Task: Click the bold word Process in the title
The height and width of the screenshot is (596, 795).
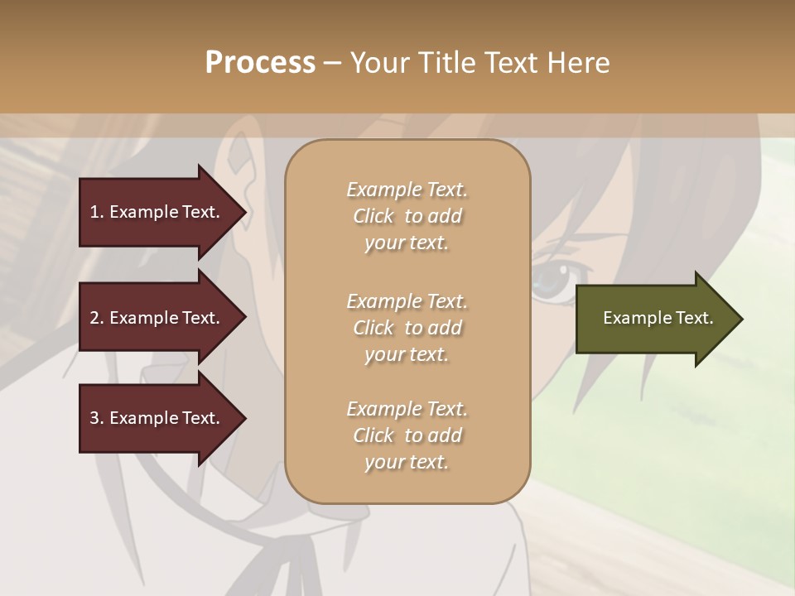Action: click(260, 63)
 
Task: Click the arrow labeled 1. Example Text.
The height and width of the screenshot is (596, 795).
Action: click(157, 212)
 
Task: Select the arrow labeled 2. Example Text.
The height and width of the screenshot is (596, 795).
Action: click(157, 318)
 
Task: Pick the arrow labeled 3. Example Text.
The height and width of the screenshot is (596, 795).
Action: click(157, 418)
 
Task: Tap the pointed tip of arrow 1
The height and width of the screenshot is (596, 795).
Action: click(244, 212)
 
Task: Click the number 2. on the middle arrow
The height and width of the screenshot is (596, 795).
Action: click(97, 318)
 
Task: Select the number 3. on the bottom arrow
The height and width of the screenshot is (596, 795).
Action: click(97, 418)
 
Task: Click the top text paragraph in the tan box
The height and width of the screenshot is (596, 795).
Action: click(407, 216)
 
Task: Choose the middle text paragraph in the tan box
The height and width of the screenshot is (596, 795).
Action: click(407, 328)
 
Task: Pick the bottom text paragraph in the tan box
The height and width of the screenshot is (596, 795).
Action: click(407, 435)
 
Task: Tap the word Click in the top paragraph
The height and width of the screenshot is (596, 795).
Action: click(373, 216)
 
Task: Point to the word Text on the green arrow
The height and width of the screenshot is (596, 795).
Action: click(694, 318)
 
